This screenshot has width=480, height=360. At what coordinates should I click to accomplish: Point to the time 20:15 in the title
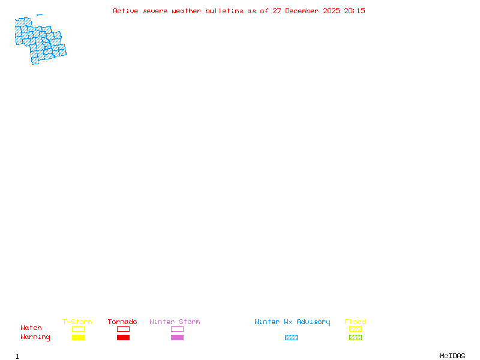point(355,11)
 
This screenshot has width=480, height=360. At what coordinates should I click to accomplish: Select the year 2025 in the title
point(332,11)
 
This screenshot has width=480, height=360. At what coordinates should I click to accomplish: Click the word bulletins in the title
point(224,11)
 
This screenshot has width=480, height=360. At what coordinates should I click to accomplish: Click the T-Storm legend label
point(77,322)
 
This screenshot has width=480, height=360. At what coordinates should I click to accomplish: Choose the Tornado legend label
point(122,322)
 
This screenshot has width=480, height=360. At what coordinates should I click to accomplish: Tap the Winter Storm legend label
point(175,322)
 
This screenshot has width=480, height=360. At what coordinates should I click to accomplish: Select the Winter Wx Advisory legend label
point(292,322)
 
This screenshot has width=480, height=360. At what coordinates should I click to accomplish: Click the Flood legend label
point(355,322)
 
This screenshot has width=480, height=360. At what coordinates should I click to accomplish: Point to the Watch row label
point(31,328)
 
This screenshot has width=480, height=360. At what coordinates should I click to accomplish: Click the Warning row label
point(35,337)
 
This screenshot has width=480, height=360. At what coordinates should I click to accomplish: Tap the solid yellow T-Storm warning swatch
point(78,338)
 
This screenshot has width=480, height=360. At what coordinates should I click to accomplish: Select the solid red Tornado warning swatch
point(123,338)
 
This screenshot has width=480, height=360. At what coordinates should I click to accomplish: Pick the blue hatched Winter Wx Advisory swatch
point(291,338)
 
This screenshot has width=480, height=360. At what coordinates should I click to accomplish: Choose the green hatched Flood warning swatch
point(355,338)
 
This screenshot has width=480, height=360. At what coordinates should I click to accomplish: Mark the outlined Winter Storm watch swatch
point(177,329)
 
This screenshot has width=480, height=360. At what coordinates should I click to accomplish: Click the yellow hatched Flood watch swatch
point(355,329)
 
